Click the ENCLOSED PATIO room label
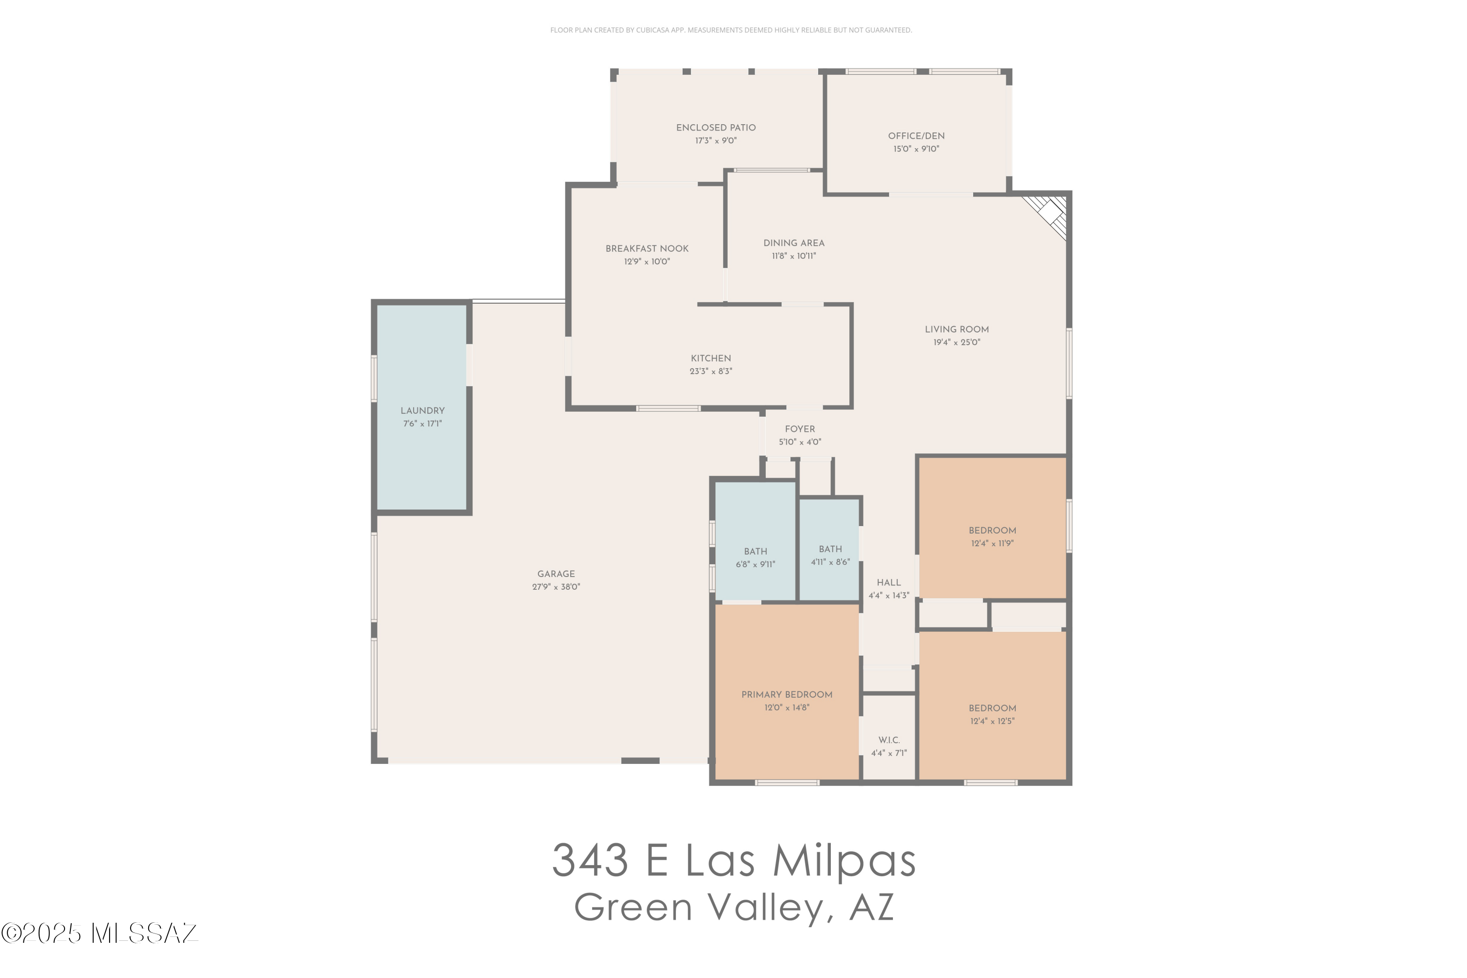click(x=715, y=128)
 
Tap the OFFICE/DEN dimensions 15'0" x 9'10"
click(x=915, y=149)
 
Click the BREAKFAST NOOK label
click(x=647, y=249)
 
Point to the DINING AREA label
click(x=793, y=243)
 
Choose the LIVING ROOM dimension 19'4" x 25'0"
click(x=956, y=342)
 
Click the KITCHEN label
click(x=711, y=358)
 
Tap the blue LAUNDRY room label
click(x=422, y=411)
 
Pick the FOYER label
click(x=800, y=429)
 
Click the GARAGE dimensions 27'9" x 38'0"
click(x=556, y=587)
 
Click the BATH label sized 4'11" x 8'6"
click(x=829, y=550)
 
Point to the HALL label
click(x=888, y=582)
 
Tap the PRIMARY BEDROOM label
click(x=786, y=695)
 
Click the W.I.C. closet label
click(x=889, y=740)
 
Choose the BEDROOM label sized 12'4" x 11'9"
click(x=992, y=531)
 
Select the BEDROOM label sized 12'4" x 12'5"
click(x=992, y=709)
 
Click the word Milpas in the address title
click(x=844, y=861)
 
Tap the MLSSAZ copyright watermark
click(x=99, y=934)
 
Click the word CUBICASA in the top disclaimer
click(x=652, y=30)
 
